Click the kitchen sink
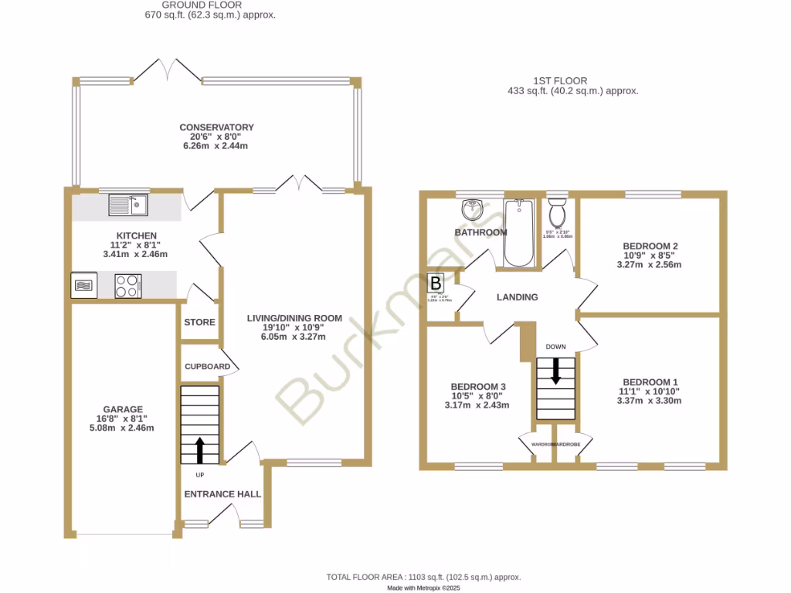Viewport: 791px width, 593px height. [x=128, y=205]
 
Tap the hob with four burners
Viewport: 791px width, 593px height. [x=128, y=286]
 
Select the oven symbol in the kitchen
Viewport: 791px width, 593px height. [x=84, y=286]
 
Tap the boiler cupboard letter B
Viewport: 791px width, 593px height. [x=436, y=283]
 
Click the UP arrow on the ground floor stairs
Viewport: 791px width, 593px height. [x=200, y=448]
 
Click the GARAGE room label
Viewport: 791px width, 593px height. [x=124, y=409]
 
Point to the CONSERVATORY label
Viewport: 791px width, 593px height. [x=216, y=127]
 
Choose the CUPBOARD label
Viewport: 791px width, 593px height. [x=207, y=366]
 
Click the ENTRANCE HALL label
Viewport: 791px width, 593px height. [x=222, y=494]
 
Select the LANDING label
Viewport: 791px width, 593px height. [x=517, y=297]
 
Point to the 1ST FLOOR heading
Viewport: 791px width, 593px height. [x=560, y=80]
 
